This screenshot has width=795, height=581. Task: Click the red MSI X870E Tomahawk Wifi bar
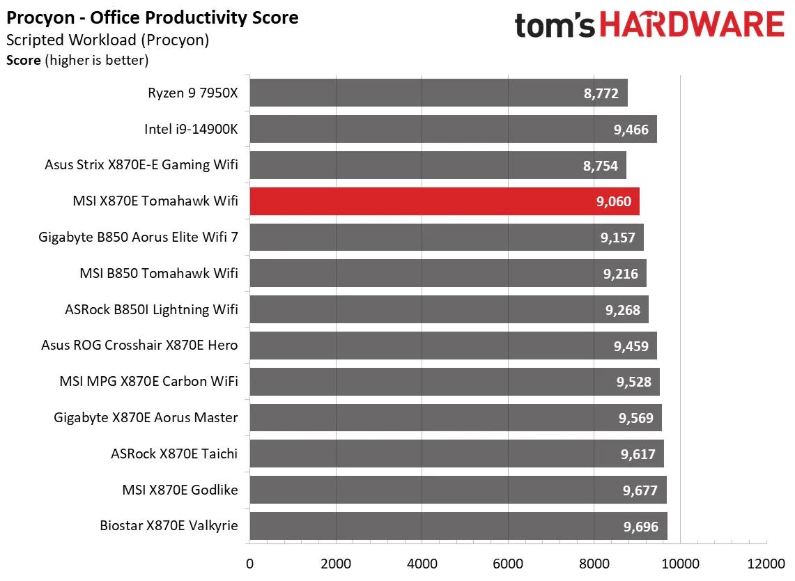click(x=445, y=201)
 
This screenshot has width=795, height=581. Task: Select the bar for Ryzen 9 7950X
click(x=438, y=93)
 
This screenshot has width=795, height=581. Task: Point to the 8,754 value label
click(x=601, y=166)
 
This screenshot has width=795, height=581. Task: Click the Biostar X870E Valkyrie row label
click(x=169, y=526)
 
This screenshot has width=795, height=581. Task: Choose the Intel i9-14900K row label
click(x=191, y=129)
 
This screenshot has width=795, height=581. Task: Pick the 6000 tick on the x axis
click(x=508, y=563)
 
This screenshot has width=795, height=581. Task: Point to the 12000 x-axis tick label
click(x=766, y=563)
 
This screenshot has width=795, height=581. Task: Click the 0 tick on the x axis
click(x=249, y=563)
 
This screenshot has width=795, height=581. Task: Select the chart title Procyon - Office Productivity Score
click(x=153, y=18)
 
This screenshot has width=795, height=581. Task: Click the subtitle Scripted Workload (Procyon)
click(x=107, y=40)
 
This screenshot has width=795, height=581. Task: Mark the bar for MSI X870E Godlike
click(x=458, y=490)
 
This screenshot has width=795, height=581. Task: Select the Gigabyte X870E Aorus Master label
click(x=146, y=417)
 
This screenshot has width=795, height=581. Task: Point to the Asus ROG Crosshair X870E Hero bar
click(x=453, y=345)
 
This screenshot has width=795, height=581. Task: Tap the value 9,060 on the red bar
click(x=614, y=202)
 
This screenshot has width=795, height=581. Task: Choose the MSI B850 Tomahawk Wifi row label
click(x=159, y=273)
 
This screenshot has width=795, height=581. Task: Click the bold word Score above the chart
click(x=24, y=61)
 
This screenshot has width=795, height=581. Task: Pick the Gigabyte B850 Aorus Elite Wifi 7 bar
click(x=447, y=237)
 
